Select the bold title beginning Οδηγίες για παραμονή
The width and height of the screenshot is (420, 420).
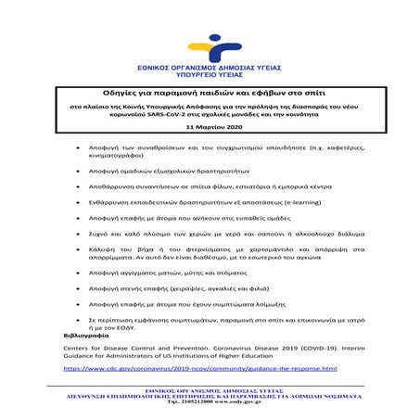pyautogui.click(x=210, y=93)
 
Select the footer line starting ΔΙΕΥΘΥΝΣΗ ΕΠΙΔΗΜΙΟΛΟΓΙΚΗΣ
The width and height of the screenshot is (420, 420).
pyautogui.click(x=210, y=397)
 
